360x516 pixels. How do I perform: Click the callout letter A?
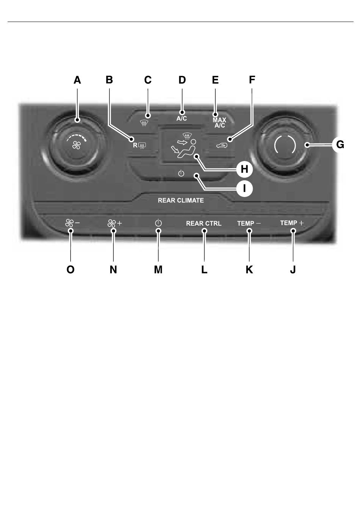point(77,80)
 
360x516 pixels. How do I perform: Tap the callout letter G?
point(340,145)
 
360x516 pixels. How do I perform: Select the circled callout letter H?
point(244,169)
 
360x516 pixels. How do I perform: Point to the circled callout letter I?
point(244,189)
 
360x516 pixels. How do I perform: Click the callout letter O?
point(70,269)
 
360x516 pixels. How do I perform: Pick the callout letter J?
point(293,269)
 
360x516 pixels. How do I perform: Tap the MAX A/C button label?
point(219,122)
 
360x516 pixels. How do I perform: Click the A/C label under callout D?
point(182,119)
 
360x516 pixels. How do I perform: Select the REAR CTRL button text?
point(203,224)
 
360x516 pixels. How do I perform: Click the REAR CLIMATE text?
point(181,200)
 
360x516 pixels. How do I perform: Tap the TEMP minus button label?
point(249,223)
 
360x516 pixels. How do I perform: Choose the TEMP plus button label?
point(292,223)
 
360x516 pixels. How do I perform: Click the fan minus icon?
point(72,223)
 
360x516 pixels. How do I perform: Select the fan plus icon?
point(114,223)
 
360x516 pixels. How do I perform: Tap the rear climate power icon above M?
point(158,223)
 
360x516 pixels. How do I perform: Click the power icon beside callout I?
point(181,173)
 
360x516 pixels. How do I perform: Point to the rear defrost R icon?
point(139,145)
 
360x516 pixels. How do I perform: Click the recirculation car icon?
point(221,145)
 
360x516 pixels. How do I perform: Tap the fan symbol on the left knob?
point(76,145)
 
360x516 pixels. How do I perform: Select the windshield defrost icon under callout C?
point(143,124)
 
